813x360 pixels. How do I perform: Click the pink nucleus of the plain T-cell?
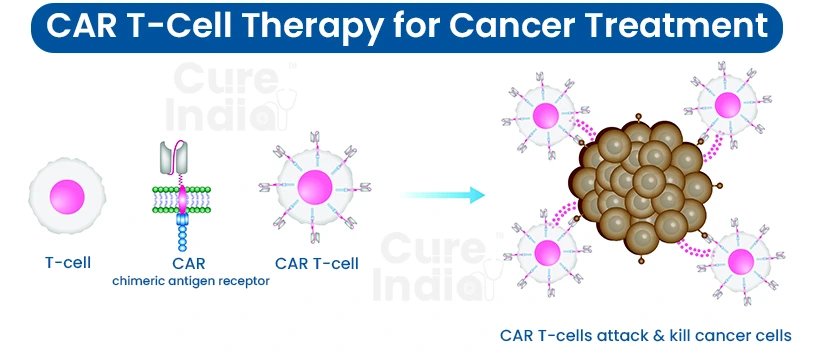(x=63, y=192)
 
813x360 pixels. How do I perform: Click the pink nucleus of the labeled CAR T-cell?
(x=313, y=189)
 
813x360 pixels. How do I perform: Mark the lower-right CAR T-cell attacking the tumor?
(x=741, y=262)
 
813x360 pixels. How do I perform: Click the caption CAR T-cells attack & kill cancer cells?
(x=646, y=335)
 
